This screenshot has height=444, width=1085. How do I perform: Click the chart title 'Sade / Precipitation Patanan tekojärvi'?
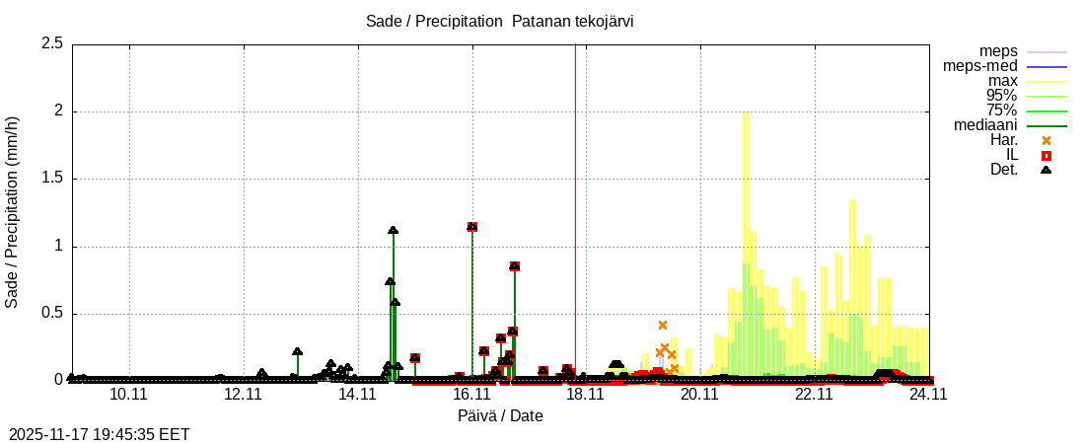pyautogui.click(x=499, y=22)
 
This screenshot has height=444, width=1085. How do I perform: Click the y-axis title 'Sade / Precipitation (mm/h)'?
pyautogui.click(x=12, y=212)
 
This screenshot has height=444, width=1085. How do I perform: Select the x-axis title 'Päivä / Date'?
pyautogui.click(x=500, y=415)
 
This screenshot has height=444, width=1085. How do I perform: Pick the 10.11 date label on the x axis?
pyautogui.click(x=129, y=394)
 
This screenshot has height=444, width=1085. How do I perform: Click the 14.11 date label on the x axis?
pyautogui.click(x=357, y=394)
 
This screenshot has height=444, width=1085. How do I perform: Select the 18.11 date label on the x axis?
pyautogui.click(x=586, y=394)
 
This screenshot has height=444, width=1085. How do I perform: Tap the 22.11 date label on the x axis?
pyautogui.click(x=815, y=394)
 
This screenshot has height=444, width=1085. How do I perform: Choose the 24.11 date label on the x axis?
pyautogui.click(x=928, y=394)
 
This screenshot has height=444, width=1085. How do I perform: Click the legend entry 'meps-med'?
pyautogui.click(x=980, y=66)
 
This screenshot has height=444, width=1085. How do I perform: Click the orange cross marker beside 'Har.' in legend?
pyautogui.click(x=1047, y=140)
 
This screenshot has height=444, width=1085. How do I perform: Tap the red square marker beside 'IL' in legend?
pyautogui.click(x=1047, y=155)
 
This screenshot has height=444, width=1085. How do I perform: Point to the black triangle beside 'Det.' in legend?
pyautogui.click(x=1047, y=170)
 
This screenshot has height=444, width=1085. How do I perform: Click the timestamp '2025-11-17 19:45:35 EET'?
pyautogui.click(x=99, y=434)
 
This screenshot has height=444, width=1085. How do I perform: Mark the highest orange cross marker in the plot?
pyautogui.click(x=663, y=325)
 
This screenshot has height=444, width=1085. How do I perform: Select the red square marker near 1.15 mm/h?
pyautogui.click(x=472, y=227)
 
